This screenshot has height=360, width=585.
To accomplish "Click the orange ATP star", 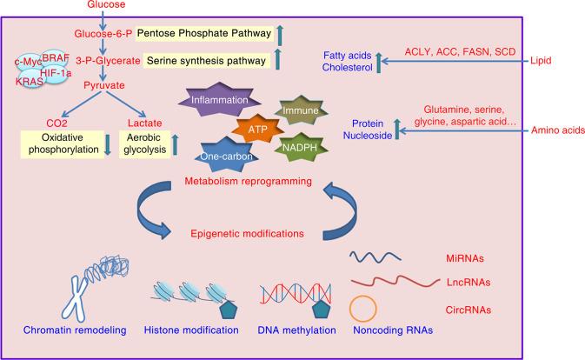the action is coord(257,130).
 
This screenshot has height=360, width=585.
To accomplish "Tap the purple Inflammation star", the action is coord(219,100).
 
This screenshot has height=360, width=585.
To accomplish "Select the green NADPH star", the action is coord(300,147).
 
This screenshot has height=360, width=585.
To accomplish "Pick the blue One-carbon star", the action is coord(227,156).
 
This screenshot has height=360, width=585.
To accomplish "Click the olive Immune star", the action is coord(301,110).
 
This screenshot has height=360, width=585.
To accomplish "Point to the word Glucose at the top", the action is coord(106,4).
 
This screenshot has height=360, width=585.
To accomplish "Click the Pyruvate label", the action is coord(104,85).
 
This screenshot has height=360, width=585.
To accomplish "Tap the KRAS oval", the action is coord(30,82).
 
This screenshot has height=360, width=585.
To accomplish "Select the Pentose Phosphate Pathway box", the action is coord(204,33).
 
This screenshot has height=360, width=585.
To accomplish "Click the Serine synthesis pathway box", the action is coord(206,61).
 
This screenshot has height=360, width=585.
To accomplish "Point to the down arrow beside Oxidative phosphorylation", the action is coord(108,144).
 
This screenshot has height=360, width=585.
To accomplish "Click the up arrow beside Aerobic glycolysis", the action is coord(175,144).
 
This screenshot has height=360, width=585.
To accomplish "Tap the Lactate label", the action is coord(145,123).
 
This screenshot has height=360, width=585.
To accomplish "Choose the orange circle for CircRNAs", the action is coord(363,309).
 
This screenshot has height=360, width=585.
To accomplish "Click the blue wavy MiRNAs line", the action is coord(375,257).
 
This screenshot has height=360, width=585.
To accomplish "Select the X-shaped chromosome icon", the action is coord(76,298).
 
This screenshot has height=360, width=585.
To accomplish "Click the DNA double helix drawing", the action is coord(296,294).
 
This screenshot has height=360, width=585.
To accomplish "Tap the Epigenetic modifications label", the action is coord(248,234).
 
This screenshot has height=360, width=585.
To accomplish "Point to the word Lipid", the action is coord(541,61).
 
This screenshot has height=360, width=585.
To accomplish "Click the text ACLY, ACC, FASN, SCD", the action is coord(460,52).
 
